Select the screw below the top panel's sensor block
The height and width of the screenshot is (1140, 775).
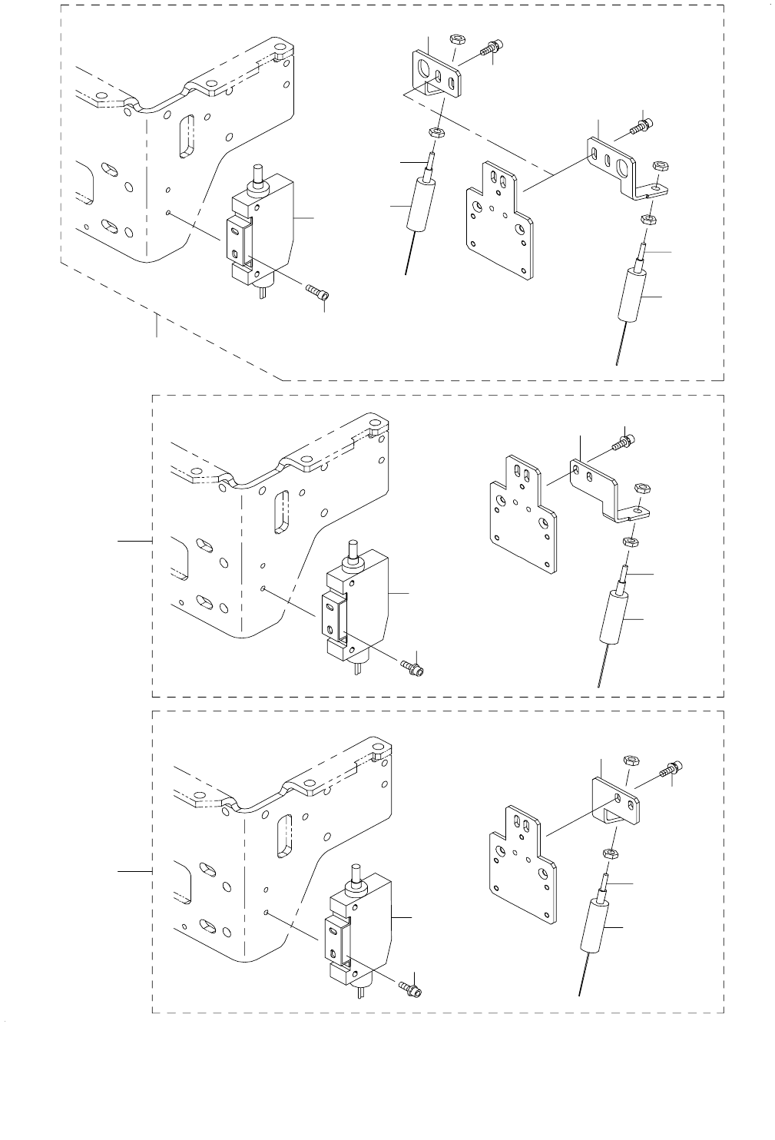pyautogui.click(x=320, y=293)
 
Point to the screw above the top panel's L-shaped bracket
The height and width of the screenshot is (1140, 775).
pyautogui.click(x=641, y=125)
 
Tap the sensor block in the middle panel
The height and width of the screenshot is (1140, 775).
pyautogui.click(x=361, y=603)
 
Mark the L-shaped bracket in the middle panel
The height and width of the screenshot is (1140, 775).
pyautogui.click(x=607, y=488)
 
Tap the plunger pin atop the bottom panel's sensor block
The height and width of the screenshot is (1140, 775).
pyautogui.click(x=355, y=874)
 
